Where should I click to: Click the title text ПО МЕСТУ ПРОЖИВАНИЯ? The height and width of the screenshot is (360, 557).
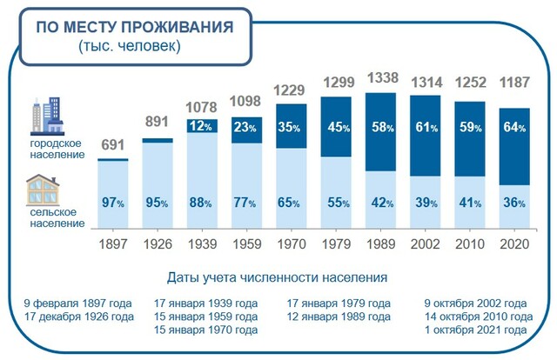(134, 27)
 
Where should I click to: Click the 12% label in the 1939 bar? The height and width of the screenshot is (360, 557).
(202, 127)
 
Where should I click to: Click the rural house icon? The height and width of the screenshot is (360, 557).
(44, 189)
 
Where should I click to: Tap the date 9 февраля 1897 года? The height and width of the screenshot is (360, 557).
(78, 303)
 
